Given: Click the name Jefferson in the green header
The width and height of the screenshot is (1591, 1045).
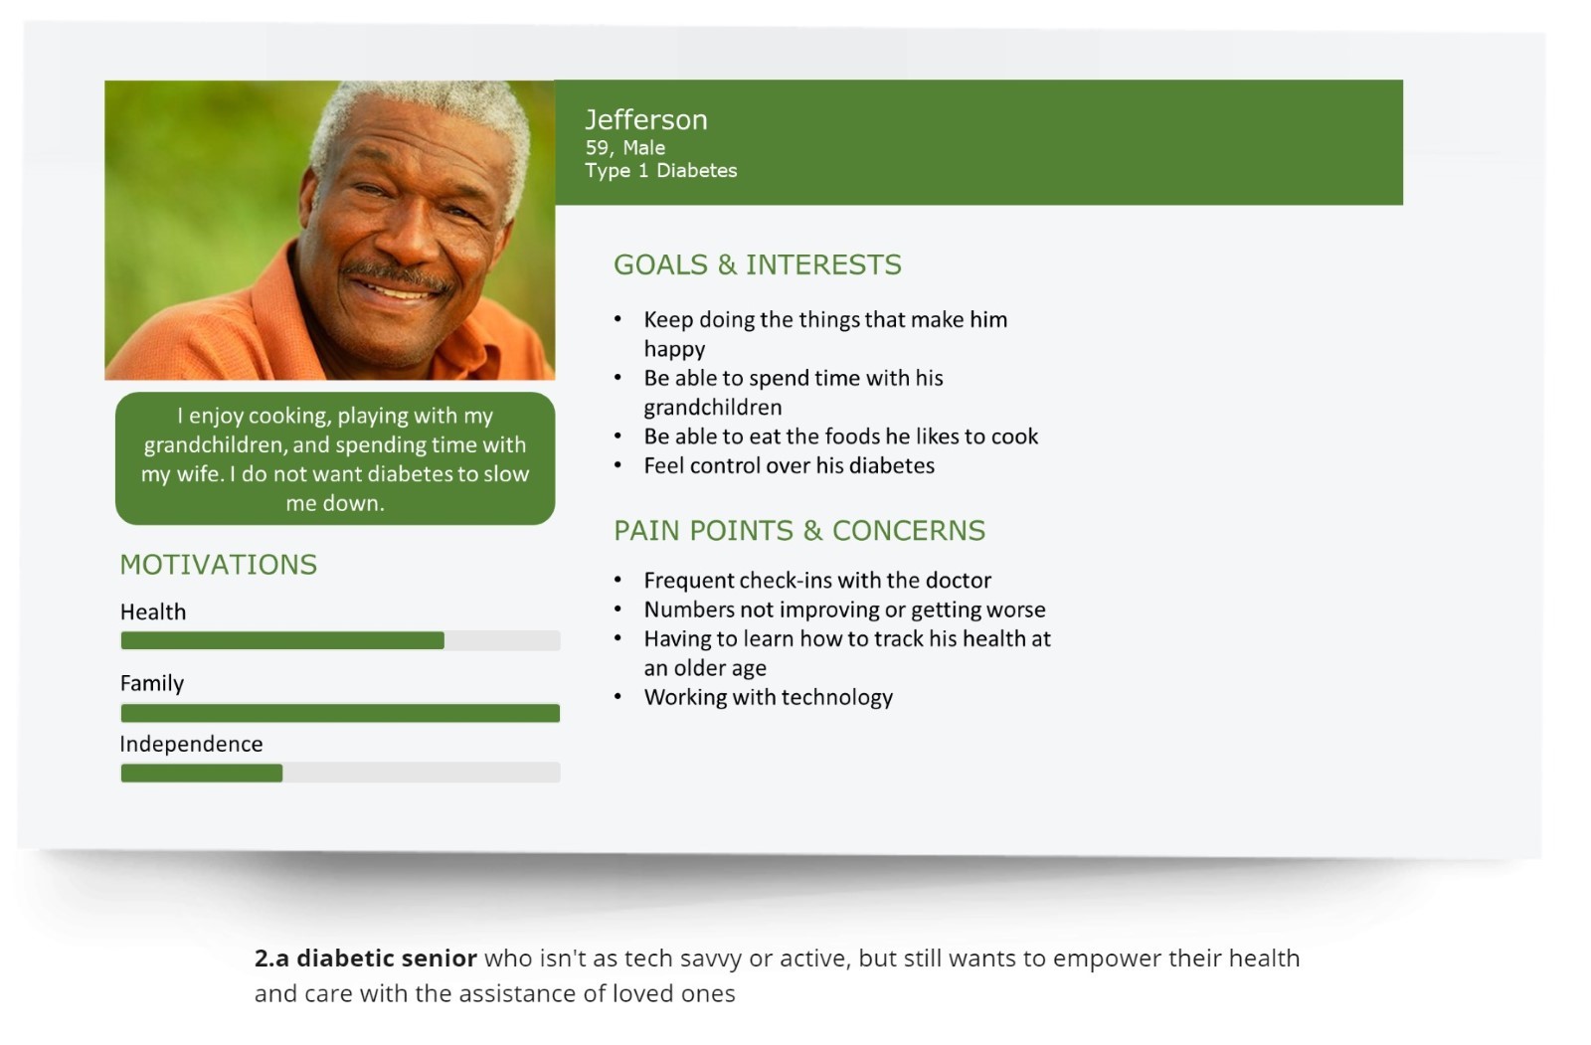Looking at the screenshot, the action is (x=646, y=120).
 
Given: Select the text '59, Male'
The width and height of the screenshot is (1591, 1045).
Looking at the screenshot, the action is (x=625, y=148).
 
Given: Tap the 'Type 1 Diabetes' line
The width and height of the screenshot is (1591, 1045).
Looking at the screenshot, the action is (x=661, y=170).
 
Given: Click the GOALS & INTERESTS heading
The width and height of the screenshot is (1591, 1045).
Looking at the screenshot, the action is (x=757, y=264).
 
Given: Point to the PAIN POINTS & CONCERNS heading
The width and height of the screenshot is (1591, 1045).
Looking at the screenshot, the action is (x=799, y=531).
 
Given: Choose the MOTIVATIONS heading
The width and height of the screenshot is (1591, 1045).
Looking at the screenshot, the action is (x=218, y=565).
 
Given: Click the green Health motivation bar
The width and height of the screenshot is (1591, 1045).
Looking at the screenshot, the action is (x=282, y=640).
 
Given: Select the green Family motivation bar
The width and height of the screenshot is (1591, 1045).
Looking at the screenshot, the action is (x=340, y=713).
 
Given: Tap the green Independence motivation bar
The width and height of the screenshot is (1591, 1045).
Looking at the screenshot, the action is (x=202, y=773).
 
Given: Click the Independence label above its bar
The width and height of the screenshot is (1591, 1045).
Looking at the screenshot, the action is (x=191, y=744).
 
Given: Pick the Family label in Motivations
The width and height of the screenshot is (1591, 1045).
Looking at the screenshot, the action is (x=152, y=683).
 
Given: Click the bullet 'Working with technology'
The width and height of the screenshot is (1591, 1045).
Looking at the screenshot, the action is (x=769, y=698).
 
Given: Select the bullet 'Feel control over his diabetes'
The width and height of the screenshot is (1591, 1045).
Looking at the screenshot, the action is (x=790, y=466).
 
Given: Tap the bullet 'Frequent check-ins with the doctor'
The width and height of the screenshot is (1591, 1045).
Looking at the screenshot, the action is (x=817, y=581).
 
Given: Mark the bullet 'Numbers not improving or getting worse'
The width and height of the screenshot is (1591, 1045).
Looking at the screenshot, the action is (x=844, y=610).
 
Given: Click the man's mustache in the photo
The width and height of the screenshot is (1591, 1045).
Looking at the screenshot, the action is (x=398, y=275).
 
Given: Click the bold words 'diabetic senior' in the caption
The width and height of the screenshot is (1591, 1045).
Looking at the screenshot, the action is (x=387, y=958).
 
